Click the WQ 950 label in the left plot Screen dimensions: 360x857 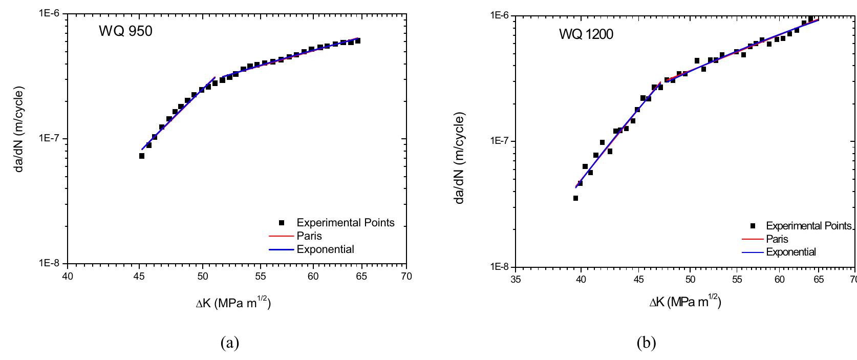[x=125, y=31]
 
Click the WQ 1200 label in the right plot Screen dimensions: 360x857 [x=586, y=34]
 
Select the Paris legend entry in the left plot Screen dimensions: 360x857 [x=309, y=236]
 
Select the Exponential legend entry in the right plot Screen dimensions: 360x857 [x=790, y=252]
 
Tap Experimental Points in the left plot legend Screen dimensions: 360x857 [x=345, y=223]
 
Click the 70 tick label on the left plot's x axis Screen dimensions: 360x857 [x=406, y=277]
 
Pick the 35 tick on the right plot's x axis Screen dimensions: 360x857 [x=516, y=280]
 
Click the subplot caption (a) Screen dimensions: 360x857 [x=229, y=342]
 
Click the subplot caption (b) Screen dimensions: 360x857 [x=646, y=342]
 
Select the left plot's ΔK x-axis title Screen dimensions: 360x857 [x=233, y=303]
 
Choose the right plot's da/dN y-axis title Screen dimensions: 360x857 [x=460, y=159]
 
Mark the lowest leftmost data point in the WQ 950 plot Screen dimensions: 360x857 [x=142, y=156]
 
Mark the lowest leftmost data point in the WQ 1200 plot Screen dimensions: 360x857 [x=575, y=198]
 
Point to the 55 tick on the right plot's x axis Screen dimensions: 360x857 [x=737, y=280]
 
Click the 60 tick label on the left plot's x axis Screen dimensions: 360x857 [x=313, y=277]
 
